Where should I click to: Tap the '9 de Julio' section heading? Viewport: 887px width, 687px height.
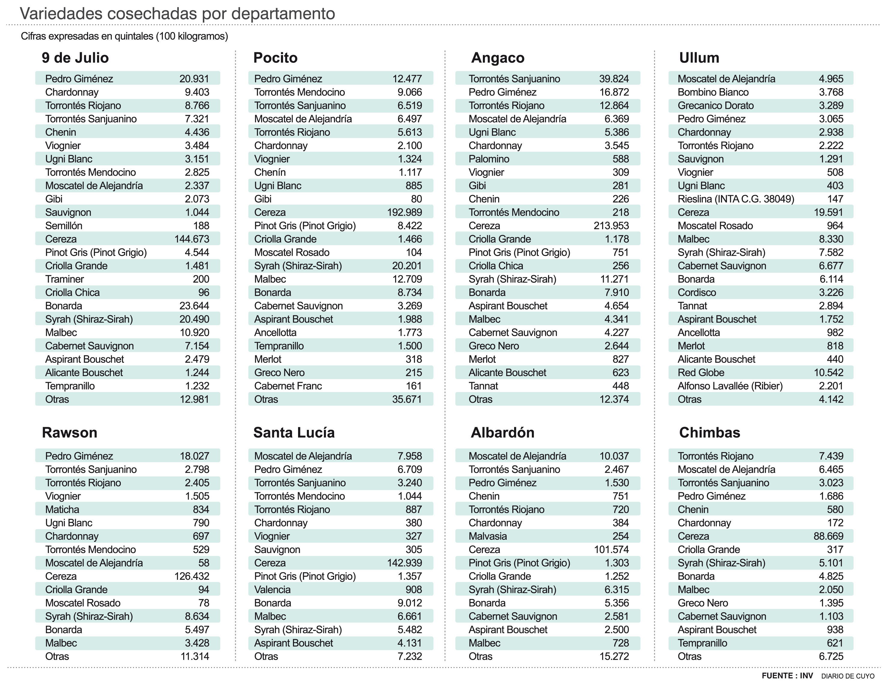(x=75, y=58)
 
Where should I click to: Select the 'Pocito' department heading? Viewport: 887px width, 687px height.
(x=275, y=58)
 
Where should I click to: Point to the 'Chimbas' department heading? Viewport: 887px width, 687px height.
(x=709, y=433)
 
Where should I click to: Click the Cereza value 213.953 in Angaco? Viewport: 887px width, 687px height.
(x=611, y=226)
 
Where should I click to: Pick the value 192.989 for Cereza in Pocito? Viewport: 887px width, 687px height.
(x=404, y=212)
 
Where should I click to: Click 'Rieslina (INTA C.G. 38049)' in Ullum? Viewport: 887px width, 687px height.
(x=736, y=199)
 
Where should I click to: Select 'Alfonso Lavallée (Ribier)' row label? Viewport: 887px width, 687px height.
(x=730, y=386)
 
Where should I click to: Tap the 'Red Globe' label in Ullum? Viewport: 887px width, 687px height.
(x=701, y=372)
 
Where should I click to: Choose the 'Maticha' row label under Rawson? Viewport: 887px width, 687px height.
(x=62, y=509)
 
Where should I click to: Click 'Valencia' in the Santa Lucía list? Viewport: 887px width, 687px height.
(x=272, y=590)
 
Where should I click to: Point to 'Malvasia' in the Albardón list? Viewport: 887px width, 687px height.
(x=487, y=536)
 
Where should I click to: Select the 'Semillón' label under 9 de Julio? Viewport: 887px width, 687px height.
(x=64, y=226)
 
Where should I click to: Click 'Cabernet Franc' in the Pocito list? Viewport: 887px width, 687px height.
(x=288, y=386)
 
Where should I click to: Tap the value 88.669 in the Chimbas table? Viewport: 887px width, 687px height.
(x=828, y=536)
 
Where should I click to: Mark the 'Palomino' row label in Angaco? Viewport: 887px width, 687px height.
(x=489, y=159)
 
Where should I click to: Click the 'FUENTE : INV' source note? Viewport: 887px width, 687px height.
(x=787, y=676)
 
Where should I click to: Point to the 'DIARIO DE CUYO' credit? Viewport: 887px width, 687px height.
(x=848, y=676)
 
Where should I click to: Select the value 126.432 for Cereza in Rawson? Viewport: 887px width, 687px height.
(x=192, y=576)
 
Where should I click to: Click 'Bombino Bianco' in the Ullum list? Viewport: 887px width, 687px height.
(x=713, y=92)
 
